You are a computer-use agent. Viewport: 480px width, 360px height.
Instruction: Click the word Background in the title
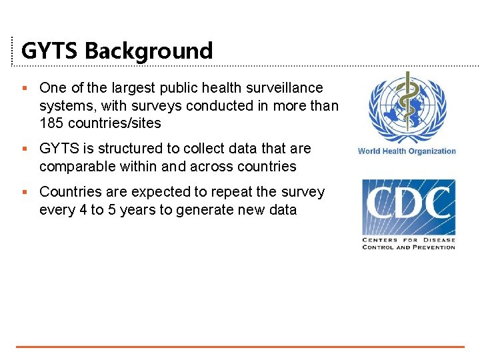pos(149,51)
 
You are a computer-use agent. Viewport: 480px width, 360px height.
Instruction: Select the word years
pos(147,210)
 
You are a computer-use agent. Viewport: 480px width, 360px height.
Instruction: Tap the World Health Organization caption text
pos(407,151)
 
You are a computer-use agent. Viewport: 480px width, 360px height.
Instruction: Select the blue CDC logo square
pos(408,206)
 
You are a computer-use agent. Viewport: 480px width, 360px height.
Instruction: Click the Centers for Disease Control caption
pos(408,243)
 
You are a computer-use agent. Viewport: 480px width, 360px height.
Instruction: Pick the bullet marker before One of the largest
pos(25,88)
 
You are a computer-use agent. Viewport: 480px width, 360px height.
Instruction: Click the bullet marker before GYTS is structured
pos(25,148)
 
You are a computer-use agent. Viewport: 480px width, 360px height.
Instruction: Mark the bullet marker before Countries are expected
pos(25,192)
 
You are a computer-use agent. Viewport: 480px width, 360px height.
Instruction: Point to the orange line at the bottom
pos(240,346)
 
